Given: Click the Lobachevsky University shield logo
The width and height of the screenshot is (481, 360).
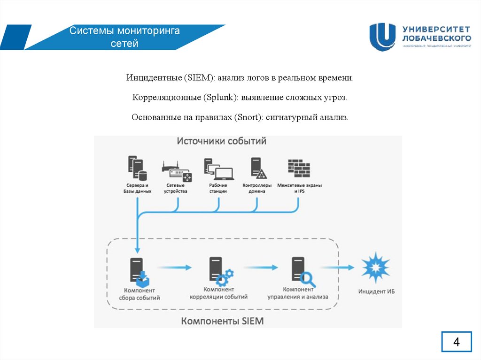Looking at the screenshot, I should point(382,37).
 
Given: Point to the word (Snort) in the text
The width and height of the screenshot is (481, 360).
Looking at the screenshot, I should point(248,117).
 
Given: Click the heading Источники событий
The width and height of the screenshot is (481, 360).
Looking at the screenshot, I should point(221,141).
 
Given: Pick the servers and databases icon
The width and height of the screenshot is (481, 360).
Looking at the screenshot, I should point(137,169).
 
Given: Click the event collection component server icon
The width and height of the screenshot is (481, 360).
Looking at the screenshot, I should point(139,272).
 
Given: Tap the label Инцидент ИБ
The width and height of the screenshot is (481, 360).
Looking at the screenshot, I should point(377,291).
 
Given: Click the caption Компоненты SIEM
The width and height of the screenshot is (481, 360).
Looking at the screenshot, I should point(223,321).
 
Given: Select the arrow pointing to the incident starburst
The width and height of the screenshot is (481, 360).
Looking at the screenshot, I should point(337,268).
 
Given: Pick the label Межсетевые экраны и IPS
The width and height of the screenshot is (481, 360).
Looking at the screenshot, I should point(299,188).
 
